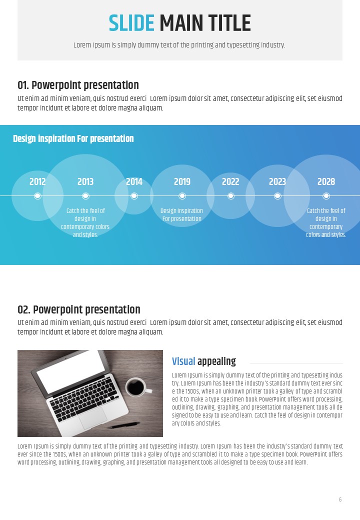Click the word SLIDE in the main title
[x=131, y=23]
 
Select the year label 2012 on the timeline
[x=37, y=181]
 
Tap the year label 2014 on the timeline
[x=134, y=181]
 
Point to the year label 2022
[x=230, y=181]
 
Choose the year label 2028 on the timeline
[x=326, y=181]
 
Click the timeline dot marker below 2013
[x=85, y=196]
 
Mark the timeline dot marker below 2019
[x=182, y=196]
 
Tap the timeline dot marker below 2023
[x=278, y=196]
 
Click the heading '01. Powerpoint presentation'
[x=78, y=85]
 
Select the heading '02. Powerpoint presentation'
[x=79, y=309]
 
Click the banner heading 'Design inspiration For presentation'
[x=73, y=138]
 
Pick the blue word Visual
[x=183, y=361]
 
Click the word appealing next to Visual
[x=216, y=361]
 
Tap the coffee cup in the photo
[x=137, y=387]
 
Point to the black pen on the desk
[x=124, y=425]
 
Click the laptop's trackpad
[x=93, y=418]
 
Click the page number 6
[x=340, y=499]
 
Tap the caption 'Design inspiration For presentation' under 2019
[x=181, y=214]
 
